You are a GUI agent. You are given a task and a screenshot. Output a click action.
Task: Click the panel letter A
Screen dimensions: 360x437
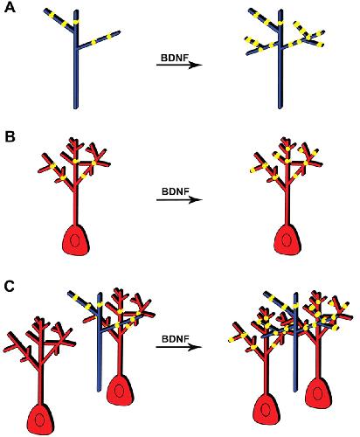tap(10, 7)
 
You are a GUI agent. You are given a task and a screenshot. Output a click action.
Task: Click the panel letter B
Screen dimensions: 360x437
tap(10, 136)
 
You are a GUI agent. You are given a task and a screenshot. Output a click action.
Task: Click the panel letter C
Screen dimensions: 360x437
tap(10, 287)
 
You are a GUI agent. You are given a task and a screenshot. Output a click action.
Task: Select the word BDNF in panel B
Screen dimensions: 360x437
tap(176, 191)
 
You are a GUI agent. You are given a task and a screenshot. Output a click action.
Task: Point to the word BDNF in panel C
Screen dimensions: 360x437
tap(176, 339)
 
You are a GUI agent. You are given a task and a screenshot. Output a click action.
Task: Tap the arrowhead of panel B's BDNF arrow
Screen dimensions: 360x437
tap(196, 200)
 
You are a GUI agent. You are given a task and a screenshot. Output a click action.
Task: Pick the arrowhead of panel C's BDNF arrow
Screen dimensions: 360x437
tap(195, 347)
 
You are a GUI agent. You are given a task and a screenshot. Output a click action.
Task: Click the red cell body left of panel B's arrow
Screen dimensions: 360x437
tap(75, 240)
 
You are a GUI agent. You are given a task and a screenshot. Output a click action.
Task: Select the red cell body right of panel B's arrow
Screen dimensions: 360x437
tap(287, 239)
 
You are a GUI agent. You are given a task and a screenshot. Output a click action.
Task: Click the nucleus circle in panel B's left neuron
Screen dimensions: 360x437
tap(75, 241)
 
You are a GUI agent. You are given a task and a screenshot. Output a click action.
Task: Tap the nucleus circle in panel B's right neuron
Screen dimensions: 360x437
tap(287, 239)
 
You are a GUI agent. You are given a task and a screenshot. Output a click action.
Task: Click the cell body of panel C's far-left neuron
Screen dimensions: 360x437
tap(40, 419)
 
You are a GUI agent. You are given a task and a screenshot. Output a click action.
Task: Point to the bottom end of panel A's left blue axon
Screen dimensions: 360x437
tap(76, 108)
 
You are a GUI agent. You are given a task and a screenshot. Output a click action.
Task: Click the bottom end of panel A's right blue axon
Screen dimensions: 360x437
tap(280, 108)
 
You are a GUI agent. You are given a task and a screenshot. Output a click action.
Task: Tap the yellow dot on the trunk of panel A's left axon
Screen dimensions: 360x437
tap(76, 22)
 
